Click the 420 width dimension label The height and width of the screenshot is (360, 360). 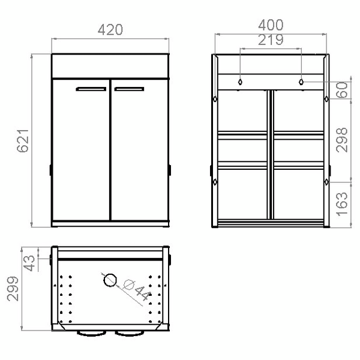click(111, 29)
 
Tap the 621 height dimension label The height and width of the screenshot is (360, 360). click(22, 141)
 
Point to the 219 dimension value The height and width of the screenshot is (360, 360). click(271, 40)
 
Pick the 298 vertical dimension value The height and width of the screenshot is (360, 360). click(343, 139)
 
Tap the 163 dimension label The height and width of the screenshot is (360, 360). click(343, 202)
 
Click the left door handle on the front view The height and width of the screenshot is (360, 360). click(91, 89)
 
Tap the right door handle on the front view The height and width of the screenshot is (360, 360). click(130, 89)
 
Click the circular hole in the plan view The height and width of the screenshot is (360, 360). click(110, 280)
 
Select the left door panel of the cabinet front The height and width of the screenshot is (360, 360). click(81, 150)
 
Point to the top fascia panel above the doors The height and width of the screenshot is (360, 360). click(111, 67)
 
